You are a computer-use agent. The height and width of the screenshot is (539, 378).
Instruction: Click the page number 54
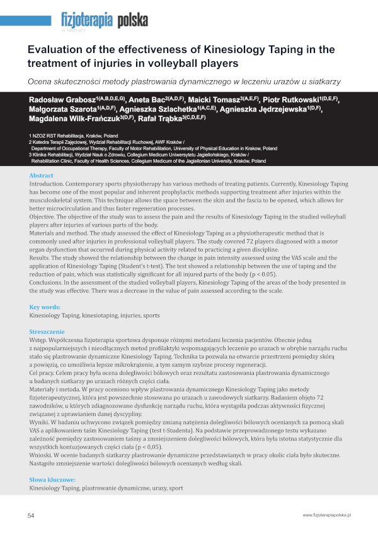point(31,515)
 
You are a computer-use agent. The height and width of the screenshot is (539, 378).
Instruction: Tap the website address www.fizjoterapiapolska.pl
point(326,515)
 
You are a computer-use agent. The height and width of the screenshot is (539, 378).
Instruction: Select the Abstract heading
point(42,175)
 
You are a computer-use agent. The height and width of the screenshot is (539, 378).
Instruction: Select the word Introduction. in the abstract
point(49,184)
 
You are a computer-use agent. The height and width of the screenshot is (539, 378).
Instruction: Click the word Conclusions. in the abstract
point(49,282)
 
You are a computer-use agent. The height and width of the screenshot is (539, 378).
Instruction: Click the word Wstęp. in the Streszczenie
point(40,340)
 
